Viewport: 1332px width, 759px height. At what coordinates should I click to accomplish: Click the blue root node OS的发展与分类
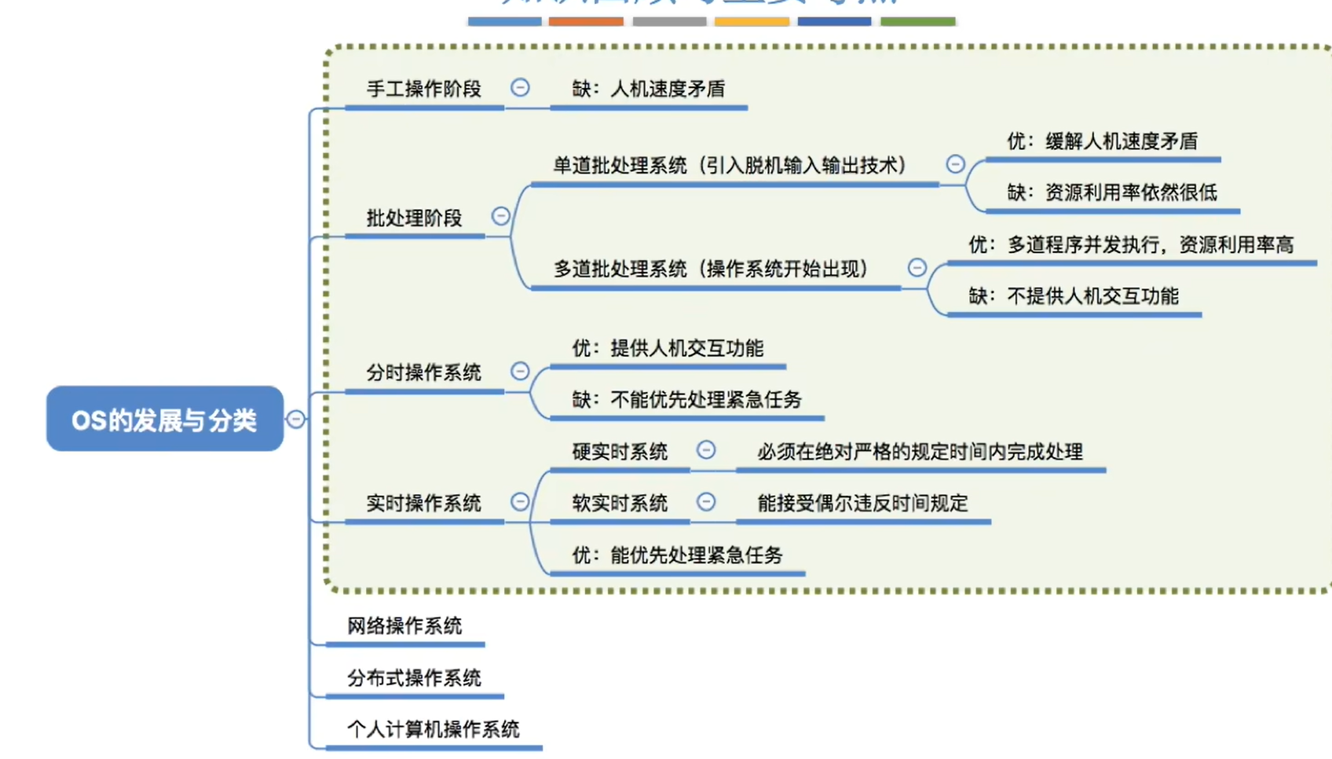[165, 419]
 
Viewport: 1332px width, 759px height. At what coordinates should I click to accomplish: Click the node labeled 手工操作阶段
[423, 89]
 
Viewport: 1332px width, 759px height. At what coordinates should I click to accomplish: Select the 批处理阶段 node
[414, 218]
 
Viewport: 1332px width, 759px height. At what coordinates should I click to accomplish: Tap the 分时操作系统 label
[423, 372]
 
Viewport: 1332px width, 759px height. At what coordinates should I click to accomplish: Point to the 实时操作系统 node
[423, 503]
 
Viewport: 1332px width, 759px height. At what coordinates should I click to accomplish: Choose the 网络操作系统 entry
[404, 626]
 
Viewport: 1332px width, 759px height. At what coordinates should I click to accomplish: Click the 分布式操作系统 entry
[414, 677]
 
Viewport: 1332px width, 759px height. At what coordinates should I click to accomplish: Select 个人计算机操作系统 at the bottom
[433, 729]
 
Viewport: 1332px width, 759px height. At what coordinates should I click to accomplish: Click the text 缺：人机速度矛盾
[648, 89]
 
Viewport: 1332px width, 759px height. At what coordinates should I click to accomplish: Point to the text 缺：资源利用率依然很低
[1112, 192]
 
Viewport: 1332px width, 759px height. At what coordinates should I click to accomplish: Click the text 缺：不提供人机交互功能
[1074, 296]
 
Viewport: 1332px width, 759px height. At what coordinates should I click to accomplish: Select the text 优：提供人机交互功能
[668, 348]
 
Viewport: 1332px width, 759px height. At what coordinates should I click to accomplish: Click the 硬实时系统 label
[620, 452]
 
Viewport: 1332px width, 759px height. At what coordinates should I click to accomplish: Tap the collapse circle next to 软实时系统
[706, 502]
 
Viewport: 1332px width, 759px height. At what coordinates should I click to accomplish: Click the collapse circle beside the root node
[295, 420]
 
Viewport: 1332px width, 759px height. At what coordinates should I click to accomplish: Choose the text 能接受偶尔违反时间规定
[862, 503]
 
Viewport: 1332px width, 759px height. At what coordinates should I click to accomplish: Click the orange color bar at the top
[586, 21]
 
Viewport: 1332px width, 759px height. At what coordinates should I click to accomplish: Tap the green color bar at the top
[917, 21]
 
